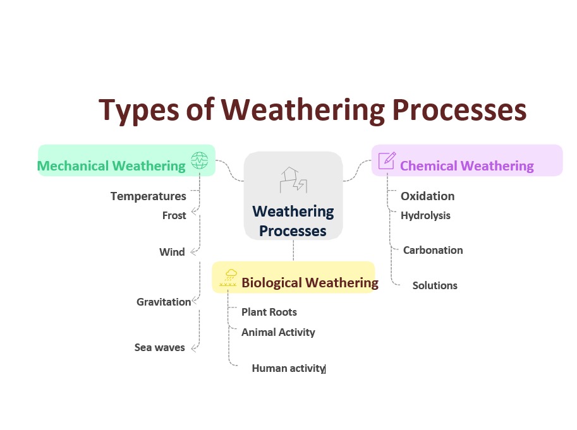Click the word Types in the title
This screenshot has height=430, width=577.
coord(138,110)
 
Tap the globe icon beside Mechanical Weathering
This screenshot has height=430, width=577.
coord(200,160)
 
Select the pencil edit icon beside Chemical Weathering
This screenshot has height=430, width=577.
coord(387,160)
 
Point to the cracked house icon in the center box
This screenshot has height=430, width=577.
coord(293,180)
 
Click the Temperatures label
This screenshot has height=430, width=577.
coord(149,196)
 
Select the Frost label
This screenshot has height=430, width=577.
coord(174,215)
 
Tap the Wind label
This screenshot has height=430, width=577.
coord(172,252)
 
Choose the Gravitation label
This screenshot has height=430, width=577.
coord(164,302)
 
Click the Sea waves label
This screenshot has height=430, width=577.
coord(160,347)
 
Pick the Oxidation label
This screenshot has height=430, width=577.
coord(428,196)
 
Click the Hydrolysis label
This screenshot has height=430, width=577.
coord(425,216)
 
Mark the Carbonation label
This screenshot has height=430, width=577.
coord(433,250)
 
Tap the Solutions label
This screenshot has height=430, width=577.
coord(435,285)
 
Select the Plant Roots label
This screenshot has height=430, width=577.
coord(269,312)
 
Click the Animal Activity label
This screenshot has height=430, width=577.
coord(278,332)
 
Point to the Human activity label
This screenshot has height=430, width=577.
coord(288,368)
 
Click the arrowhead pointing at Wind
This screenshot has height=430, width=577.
coord(193,252)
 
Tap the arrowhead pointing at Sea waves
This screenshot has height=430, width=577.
coord(194,348)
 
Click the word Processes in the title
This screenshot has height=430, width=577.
coord(459,110)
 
